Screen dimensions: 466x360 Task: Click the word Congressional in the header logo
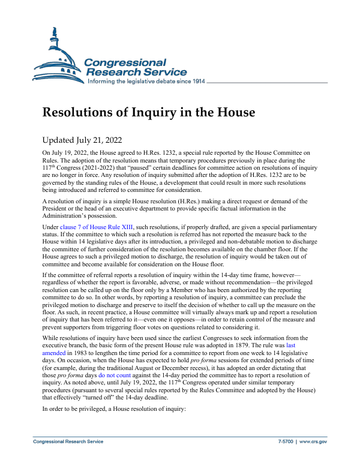[x=125, y=62]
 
